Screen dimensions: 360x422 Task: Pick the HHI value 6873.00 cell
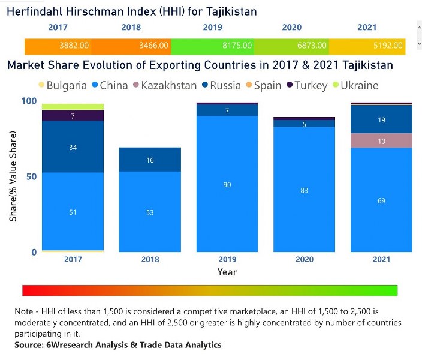click(x=312, y=46)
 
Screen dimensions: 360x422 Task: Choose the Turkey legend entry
click(x=307, y=85)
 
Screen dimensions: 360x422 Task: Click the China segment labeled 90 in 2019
click(x=227, y=184)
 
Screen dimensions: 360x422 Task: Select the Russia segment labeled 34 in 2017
click(x=73, y=147)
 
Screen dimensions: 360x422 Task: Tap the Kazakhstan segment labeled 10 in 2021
click(x=382, y=140)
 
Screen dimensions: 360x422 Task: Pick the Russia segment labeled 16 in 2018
click(x=150, y=160)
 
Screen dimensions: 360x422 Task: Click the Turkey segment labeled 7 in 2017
click(x=73, y=116)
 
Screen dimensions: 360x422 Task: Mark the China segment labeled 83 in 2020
click(x=305, y=190)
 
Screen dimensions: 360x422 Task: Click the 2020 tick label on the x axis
click(x=305, y=260)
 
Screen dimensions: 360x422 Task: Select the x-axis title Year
click(x=227, y=272)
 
